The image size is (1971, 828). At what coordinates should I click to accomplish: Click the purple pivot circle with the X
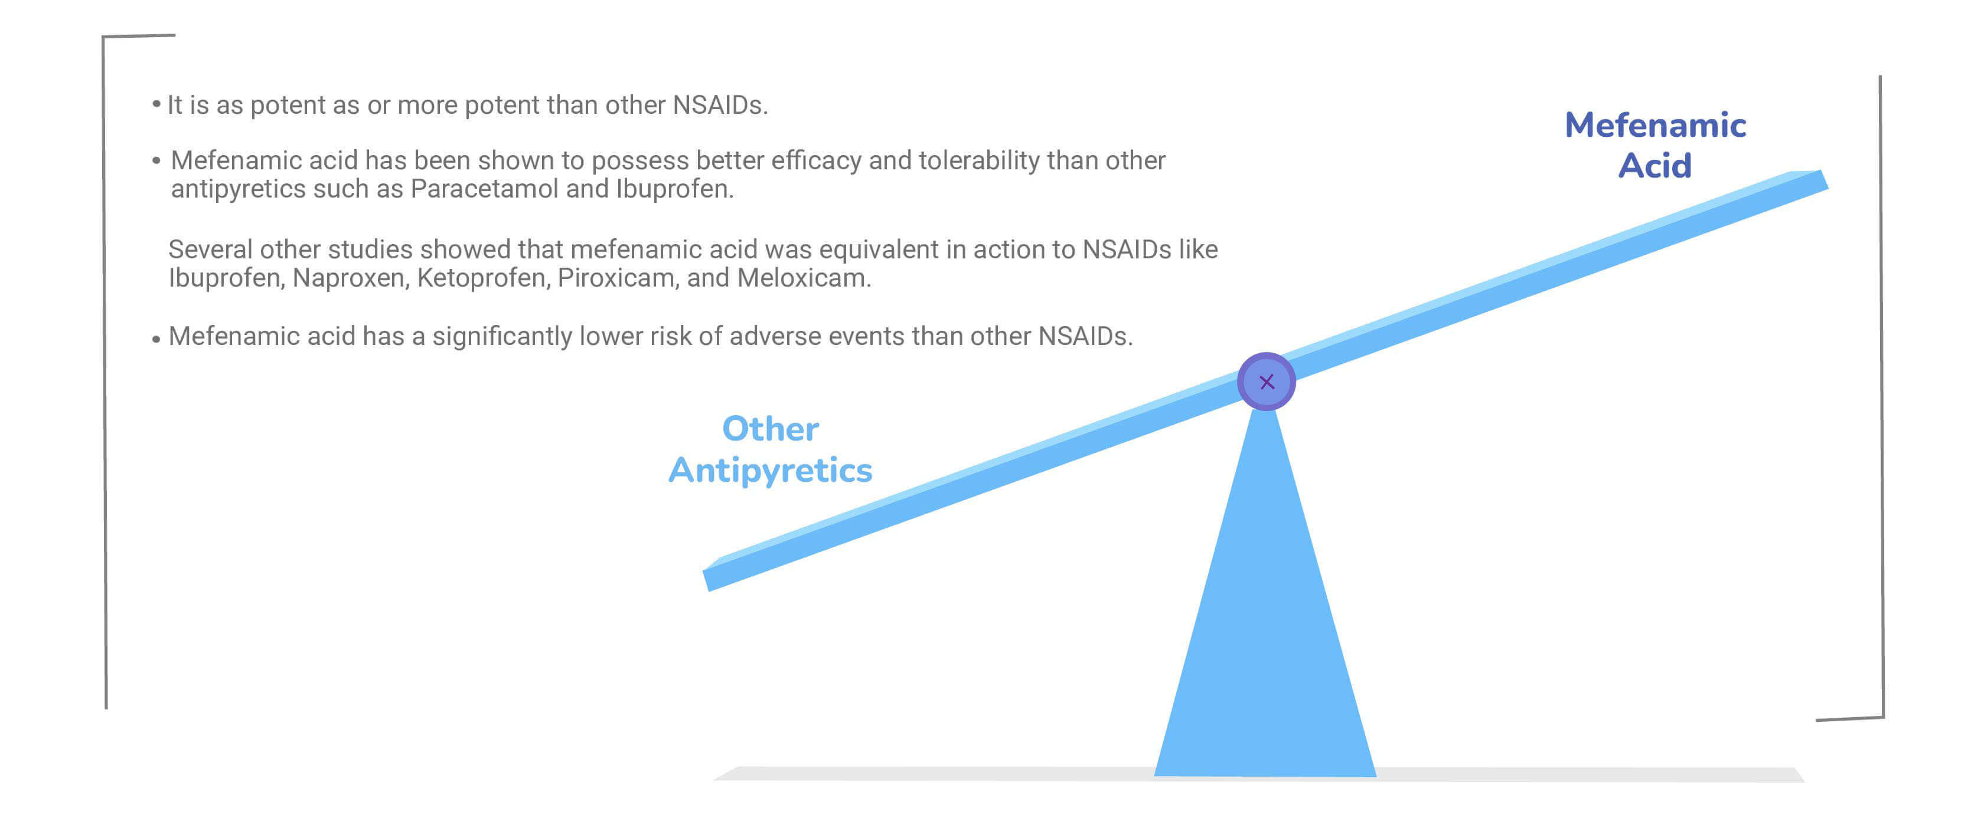(1267, 382)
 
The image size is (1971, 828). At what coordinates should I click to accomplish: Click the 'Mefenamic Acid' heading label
(1655, 145)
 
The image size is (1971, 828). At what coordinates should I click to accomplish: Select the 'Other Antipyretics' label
(771, 449)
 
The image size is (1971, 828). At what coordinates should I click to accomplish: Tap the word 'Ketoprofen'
(483, 278)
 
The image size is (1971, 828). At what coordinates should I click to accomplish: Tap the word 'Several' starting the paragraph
(210, 249)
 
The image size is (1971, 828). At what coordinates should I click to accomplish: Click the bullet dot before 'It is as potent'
(156, 103)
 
